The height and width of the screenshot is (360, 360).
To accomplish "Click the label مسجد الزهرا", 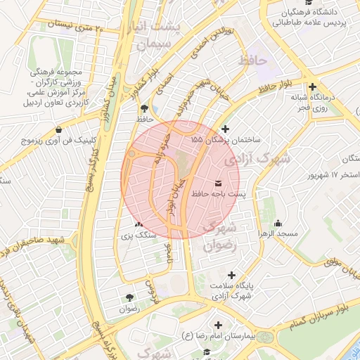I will click(278, 233).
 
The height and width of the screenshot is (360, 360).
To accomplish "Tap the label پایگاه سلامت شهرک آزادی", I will click(236, 292).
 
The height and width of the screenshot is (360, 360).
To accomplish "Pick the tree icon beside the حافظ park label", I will click(144, 108).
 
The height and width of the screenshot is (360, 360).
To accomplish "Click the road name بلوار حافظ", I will click(274, 89).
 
